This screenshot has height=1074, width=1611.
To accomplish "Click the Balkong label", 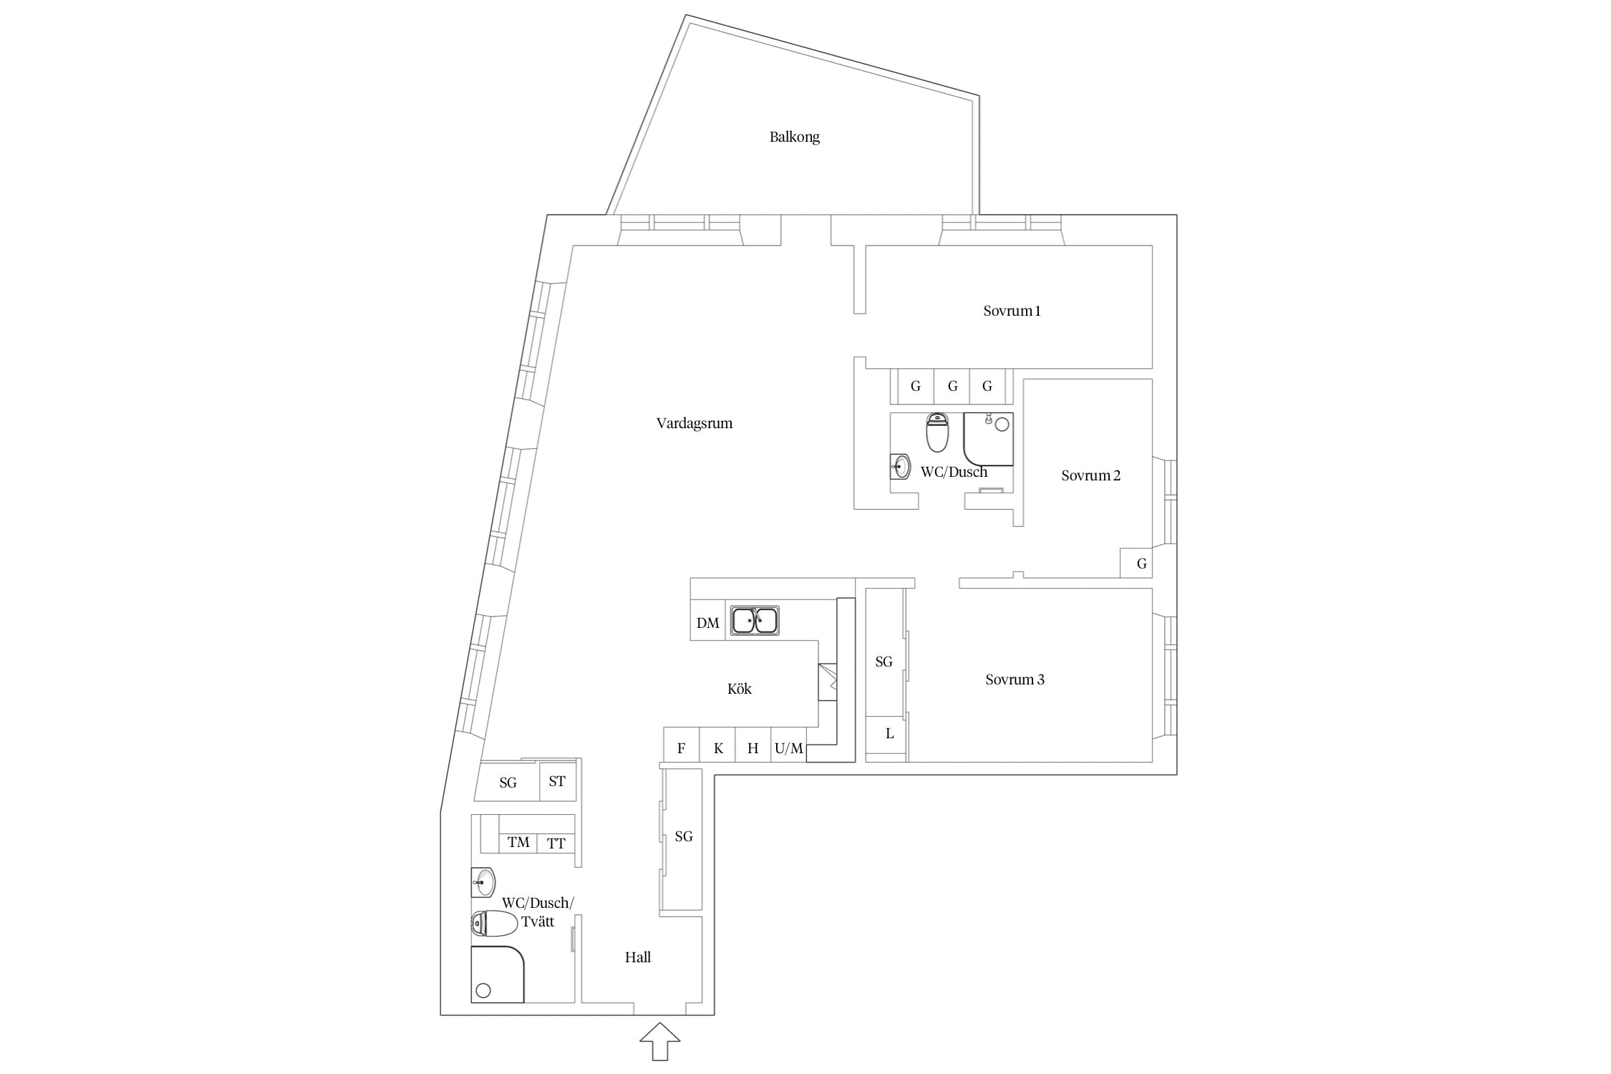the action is tap(794, 137).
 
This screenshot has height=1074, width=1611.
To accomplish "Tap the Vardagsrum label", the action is tap(694, 423).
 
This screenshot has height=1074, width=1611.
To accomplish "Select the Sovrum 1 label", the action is tap(1012, 311).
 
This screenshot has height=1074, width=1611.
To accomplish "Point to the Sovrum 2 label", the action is tap(1090, 475).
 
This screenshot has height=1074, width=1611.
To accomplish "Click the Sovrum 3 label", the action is tap(1015, 679).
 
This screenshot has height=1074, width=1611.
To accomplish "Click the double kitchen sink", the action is tap(755, 620).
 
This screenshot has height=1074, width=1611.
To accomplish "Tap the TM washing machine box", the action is tap(518, 843).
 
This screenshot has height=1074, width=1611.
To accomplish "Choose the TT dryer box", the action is tap(556, 843).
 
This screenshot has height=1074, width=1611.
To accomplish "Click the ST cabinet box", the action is tap(557, 780).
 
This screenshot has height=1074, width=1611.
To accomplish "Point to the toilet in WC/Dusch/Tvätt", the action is tap(494, 924).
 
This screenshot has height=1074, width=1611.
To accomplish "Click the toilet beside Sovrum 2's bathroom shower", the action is tap(937, 432).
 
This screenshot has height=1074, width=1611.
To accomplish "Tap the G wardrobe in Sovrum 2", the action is tap(1136, 563).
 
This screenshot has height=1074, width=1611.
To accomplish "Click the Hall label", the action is tap(637, 957).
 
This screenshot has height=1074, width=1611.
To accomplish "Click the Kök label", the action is tap(739, 689).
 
